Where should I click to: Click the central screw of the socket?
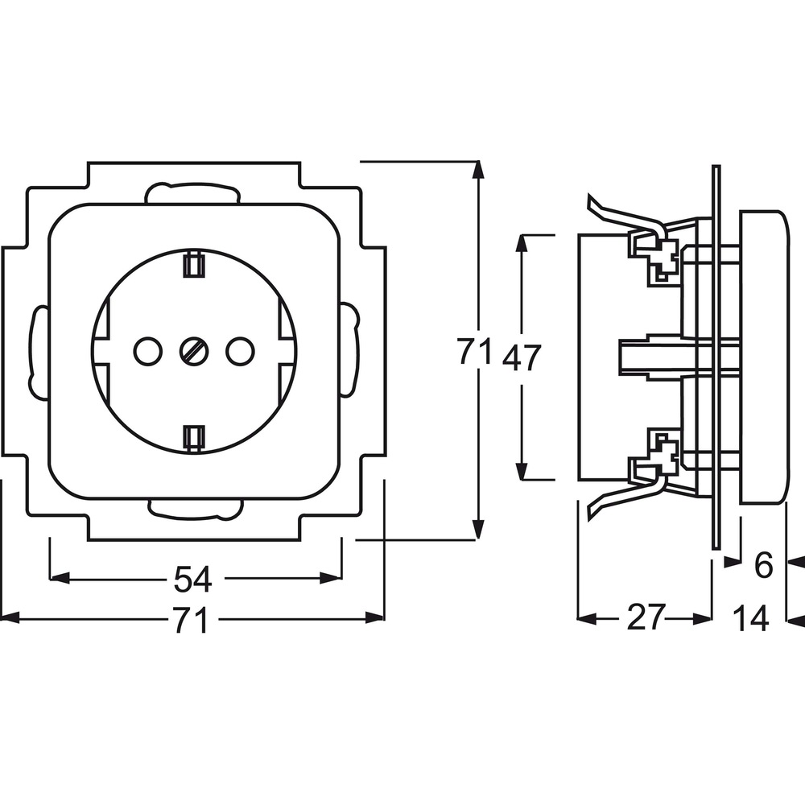[194, 351]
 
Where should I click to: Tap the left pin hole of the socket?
[148, 351]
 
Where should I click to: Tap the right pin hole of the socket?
[240, 351]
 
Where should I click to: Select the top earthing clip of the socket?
[194, 264]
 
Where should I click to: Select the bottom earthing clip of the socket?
[194, 438]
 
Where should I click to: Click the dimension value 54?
[192, 580]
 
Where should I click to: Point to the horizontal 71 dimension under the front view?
[191, 620]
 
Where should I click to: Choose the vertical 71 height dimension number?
[476, 351]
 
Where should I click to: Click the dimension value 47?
[522, 358]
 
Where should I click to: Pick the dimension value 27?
[646, 617]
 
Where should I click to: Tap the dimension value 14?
[750, 618]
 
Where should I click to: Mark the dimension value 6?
[764, 565]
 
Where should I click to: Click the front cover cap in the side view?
[762, 357]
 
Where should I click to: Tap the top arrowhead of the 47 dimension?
[522, 244]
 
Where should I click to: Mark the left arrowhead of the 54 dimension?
[59, 579]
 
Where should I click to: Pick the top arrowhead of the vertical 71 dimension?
[478, 170]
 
